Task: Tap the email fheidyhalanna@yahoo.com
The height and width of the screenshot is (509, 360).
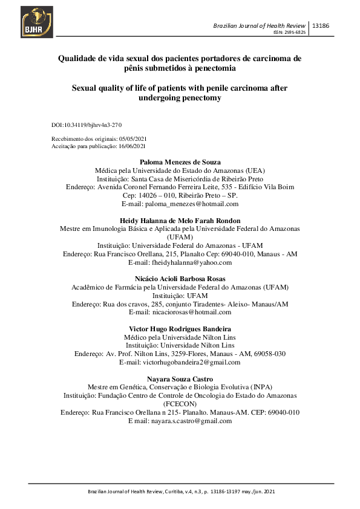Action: click(180, 263)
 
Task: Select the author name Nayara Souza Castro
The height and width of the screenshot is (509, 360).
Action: click(180, 379)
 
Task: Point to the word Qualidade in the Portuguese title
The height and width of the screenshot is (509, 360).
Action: click(79, 59)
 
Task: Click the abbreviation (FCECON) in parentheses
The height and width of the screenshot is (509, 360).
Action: click(180, 403)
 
